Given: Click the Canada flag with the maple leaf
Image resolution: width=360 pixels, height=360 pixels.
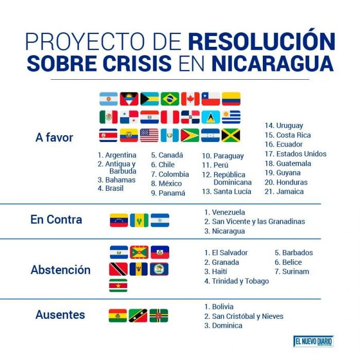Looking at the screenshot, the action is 190,99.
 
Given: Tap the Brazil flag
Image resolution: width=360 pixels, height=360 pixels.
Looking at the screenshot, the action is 170,99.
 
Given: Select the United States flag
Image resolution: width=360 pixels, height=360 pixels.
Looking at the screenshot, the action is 149,135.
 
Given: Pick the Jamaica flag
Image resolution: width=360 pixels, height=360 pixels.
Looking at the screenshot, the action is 231,135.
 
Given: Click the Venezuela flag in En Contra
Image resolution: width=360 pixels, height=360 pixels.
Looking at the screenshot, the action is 119,220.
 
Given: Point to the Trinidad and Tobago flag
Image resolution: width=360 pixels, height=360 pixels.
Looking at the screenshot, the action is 118,269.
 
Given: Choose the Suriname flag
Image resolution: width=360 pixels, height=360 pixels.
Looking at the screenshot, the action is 118,285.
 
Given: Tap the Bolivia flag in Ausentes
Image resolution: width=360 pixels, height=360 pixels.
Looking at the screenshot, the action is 118,316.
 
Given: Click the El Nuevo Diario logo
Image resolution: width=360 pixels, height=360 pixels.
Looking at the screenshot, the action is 313,341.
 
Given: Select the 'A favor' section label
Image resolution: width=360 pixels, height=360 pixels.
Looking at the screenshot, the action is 55,137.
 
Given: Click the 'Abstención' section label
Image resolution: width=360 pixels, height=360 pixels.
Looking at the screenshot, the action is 61,270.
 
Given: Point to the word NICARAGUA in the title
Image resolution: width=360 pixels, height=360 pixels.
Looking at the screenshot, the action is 273,63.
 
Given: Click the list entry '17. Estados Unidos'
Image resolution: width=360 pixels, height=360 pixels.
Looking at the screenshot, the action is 296,154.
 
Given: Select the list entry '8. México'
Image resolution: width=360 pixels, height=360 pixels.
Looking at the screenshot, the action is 167,184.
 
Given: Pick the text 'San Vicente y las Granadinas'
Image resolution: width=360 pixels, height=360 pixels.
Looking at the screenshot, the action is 259,222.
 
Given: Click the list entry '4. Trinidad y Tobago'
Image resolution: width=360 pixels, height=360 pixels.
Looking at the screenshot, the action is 237,281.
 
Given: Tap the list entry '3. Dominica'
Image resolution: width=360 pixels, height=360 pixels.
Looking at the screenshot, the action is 223,326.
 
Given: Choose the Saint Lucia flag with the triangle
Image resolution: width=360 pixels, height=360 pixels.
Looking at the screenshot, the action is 211,117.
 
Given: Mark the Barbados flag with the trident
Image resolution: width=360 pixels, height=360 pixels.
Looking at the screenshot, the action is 139,269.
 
